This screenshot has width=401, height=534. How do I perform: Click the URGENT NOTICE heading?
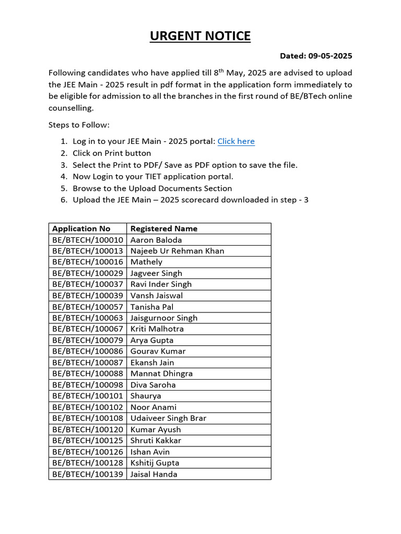[200, 36]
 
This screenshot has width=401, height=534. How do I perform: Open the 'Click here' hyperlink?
[236, 141]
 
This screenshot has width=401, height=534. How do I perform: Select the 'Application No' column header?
[81, 228]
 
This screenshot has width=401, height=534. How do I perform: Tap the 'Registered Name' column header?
[164, 228]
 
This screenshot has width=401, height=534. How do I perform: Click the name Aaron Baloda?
[156, 240]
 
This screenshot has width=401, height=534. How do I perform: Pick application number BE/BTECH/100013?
[88, 251]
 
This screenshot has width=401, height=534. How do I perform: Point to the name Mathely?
[146, 262]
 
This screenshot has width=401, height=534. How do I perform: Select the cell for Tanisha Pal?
[152, 307]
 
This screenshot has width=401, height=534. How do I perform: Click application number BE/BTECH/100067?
[88, 329]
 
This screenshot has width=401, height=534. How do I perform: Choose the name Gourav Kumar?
[158, 351]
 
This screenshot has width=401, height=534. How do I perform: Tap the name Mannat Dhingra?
[161, 373]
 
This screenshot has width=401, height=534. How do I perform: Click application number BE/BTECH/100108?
[88, 418]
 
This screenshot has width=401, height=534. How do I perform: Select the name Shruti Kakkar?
[156, 441]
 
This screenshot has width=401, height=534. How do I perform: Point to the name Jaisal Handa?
[154, 474]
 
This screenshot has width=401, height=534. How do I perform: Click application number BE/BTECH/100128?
[88, 463]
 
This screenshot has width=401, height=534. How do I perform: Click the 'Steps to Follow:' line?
[79, 125]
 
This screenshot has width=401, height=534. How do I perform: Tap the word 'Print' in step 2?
[114, 153]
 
